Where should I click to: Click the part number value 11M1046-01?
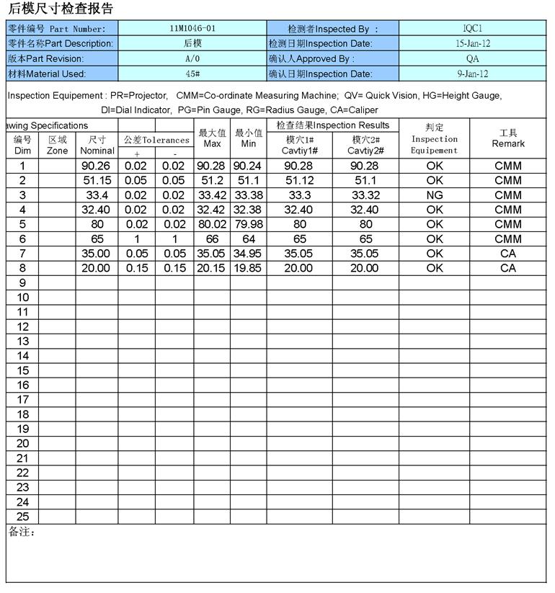point(192,29)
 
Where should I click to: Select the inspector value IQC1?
point(472,29)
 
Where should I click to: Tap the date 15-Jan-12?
point(473,43)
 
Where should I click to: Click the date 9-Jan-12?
point(473,73)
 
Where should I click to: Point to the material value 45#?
point(192,73)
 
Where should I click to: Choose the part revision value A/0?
point(192,58)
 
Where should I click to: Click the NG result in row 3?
point(435,195)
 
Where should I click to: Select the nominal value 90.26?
point(97,166)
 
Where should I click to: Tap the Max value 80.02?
point(212,224)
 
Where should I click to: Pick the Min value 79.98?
point(249,224)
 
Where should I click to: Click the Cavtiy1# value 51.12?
point(299,180)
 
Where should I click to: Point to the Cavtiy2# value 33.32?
point(365,195)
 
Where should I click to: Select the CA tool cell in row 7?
point(508,254)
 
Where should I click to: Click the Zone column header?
point(57,146)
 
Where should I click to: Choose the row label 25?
point(22,517)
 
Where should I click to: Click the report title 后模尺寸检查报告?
point(61,9)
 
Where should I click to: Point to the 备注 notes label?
point(22,532)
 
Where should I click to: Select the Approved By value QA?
point(472,58)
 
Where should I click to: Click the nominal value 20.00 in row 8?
point(97,268)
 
